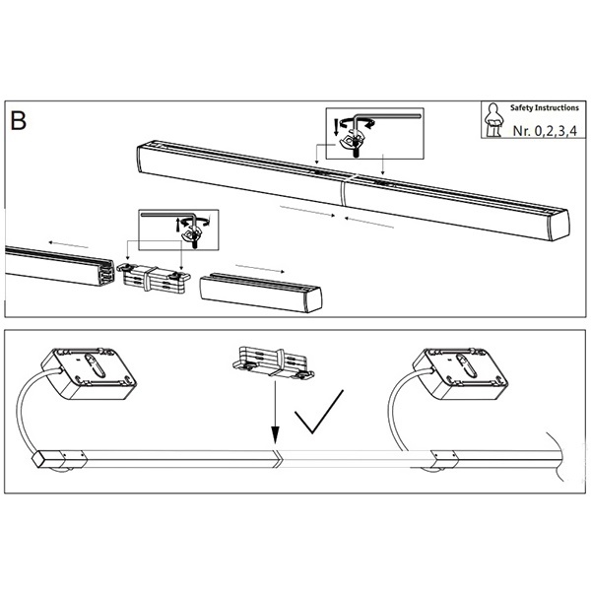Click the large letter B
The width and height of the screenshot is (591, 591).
click(18, 120)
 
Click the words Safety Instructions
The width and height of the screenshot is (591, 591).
click(545, 107)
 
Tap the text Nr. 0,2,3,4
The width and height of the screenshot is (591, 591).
click(545, 131)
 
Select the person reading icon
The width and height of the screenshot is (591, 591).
click(493, 120)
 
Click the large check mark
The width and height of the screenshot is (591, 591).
click(318, 412)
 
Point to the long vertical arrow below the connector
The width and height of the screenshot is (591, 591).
click(276, 413)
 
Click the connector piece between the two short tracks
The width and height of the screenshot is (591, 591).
click(154, 278)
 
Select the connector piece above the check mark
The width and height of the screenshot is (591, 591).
click(273, 361)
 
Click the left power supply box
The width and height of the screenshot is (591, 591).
click(89, 373)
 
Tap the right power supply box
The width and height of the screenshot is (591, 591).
click(460, 373)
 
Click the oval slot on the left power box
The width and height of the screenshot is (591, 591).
click(96, 364)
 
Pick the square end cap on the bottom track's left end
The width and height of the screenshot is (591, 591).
click(40, 459)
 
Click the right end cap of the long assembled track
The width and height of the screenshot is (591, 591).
click(559, 225)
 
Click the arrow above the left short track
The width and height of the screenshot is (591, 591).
click(69, 244)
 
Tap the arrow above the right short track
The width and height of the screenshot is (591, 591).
click(260, 268)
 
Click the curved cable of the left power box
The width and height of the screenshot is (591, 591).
click(31, 410)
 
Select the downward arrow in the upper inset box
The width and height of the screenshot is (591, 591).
click(336, 127)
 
